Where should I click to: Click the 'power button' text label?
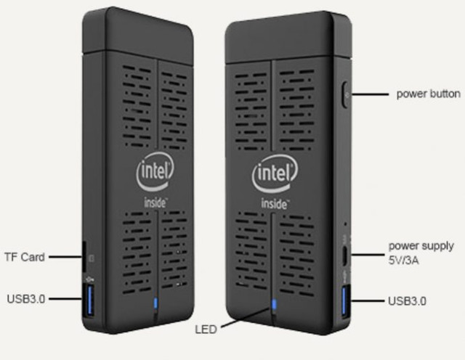[x=428, y=94]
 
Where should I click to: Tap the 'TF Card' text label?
[x=25, y=257]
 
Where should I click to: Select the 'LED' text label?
[x=206, y=330]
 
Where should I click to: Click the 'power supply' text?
[x=421, y=246]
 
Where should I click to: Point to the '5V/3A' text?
[x=404, y=261]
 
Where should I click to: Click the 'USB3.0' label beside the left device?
[x=26, y=299]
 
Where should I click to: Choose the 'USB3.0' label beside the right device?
[x=407, y=301]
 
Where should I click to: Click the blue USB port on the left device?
[x=90, y=300]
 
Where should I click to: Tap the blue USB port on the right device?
[x=345, y=300]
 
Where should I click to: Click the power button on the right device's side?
[x=346, y=94]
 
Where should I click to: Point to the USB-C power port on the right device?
[x=345, y=255]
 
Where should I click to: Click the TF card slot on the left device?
[x=84, y=256]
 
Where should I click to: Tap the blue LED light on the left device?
[x=155, y=303]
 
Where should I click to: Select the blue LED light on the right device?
[x=274, y=304]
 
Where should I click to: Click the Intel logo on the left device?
[x=155, y=173]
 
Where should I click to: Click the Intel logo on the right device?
[x=275, y=174]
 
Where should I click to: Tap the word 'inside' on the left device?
[x=155, y=203]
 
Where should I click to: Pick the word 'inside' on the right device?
[x=275, y=204]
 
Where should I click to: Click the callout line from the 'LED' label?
[x=246, y=318]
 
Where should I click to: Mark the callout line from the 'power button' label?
[x=370, y=94]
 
